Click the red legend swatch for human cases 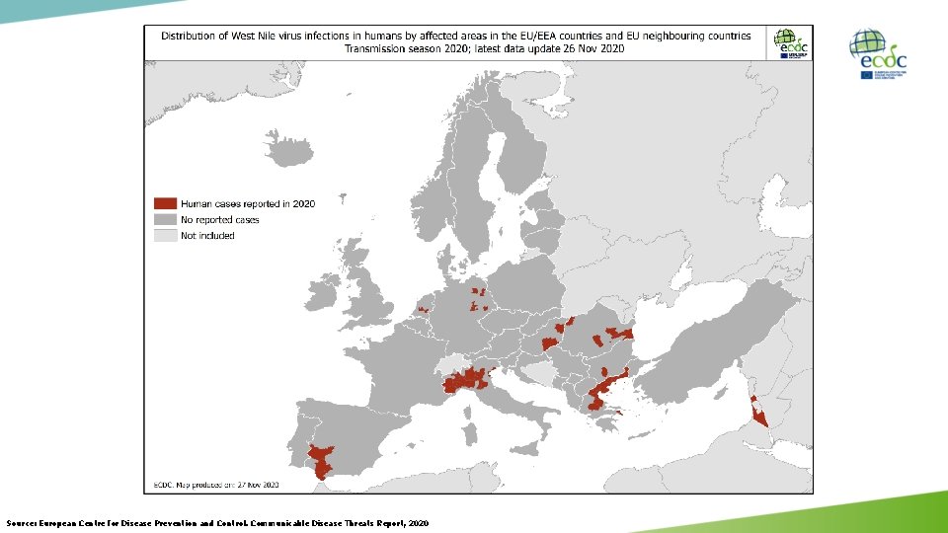click(x=164, y=203)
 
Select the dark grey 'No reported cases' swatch click(x=164, y=219)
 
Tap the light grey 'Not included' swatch click(x=164, y=235)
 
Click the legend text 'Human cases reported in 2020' click(x=248, y=203)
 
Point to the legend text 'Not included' click(x=207, y=235)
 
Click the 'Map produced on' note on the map click(x=216, y=485)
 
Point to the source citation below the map click(x=217, y=522)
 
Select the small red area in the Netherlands click(x=424, y=309)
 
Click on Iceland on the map click(x=288, y=153)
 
